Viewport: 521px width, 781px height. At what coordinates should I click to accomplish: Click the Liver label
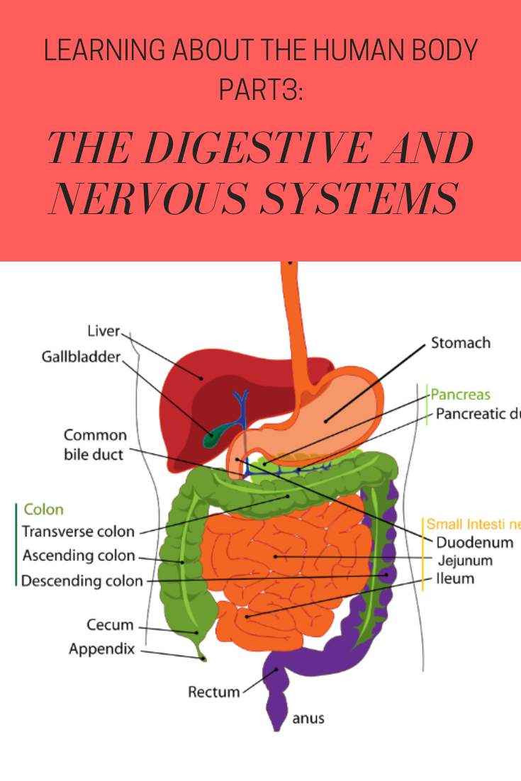[x=103, y=331]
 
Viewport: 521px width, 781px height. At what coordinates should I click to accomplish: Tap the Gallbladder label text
[x=81, y=356]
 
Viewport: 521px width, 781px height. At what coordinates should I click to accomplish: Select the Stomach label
[x=461, y=343]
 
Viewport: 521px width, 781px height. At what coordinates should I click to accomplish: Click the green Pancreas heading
[x=461, y=395]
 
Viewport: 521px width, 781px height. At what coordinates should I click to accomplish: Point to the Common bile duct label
[x=95, y=444]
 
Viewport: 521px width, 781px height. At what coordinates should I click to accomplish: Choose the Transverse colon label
[x=78, y=532]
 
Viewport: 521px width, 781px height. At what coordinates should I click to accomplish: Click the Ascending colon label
[x=79, y=556]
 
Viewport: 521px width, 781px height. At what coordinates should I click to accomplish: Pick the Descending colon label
[x=82, y=581]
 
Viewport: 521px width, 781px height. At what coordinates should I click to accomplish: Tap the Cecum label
[x=110, y=624]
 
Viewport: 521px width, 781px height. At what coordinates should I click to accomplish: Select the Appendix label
[x=101, y=648]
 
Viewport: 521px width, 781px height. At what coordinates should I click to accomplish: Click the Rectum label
[x=214, y=691]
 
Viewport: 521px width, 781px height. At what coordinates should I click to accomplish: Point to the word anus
[x=308, y=718]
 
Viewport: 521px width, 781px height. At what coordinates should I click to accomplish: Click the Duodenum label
[x=474, y=542]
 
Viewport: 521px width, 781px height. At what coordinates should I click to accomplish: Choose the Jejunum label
[x=465, y=561]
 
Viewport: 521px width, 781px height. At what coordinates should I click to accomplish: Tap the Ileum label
[x=456, y=578]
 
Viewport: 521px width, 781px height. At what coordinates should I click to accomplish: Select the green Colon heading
[x=44, y=510]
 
